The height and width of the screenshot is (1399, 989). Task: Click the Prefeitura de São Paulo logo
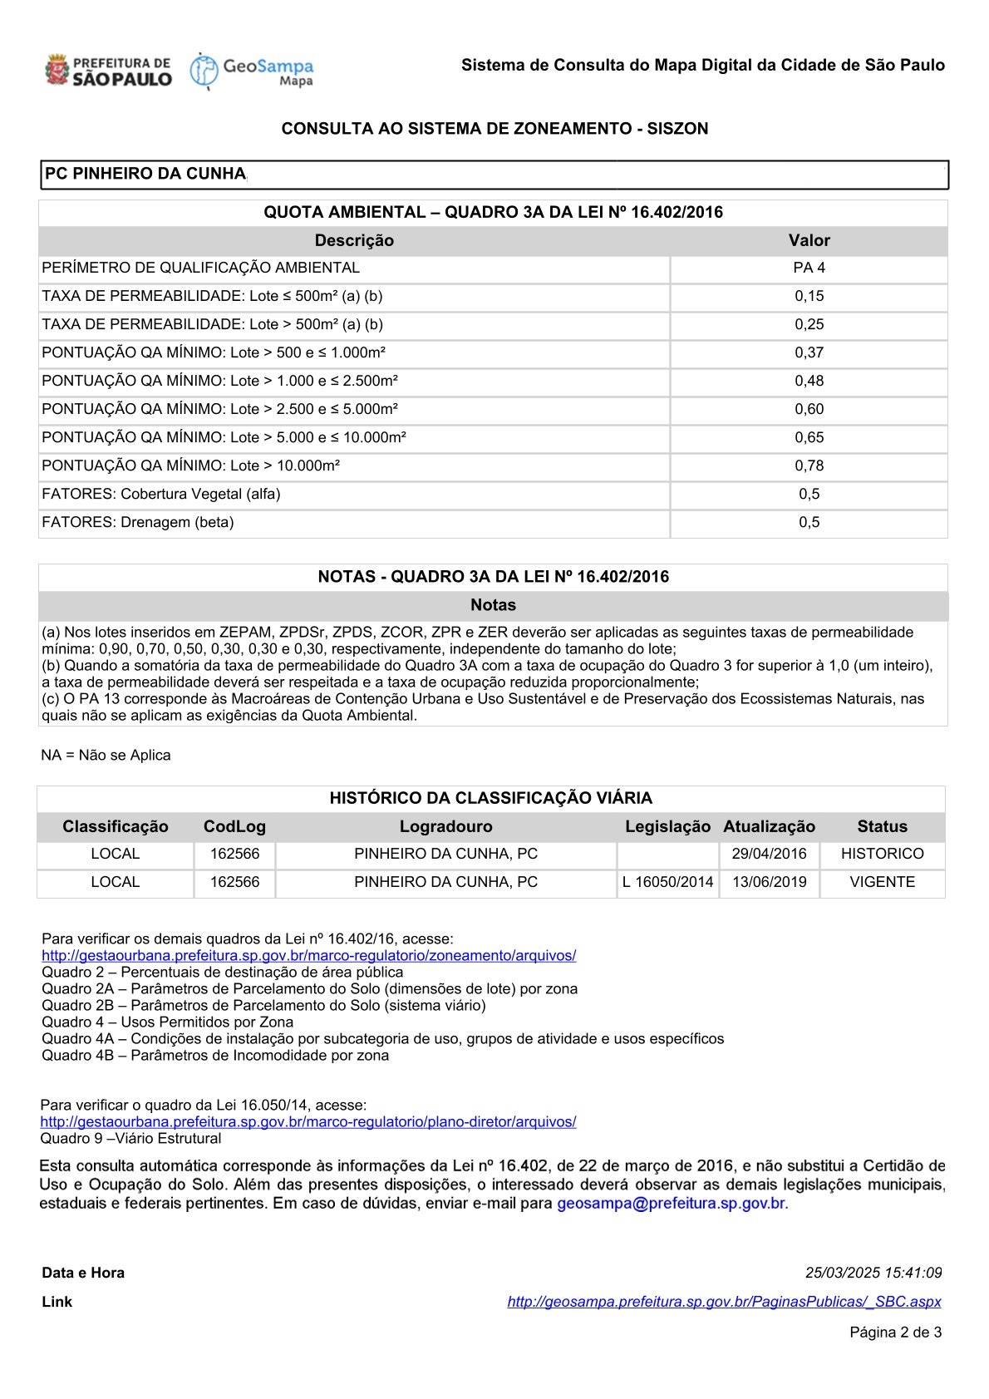click(x=108, y=71)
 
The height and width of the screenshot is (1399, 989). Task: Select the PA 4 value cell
click(x=809, y=268)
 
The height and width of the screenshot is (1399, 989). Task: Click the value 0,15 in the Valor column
click(x=809, y=296)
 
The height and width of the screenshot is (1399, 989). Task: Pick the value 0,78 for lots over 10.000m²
click(x=809, y=466)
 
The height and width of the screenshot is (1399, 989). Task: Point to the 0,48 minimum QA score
click(x=809, y=381)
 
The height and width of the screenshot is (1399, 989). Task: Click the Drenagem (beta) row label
click(x=138, y=522)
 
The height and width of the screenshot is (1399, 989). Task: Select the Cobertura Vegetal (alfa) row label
click(x=161, y=494)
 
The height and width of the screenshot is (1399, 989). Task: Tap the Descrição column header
click(x=354, y=240)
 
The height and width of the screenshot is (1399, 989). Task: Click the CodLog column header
click(x=234, y=826)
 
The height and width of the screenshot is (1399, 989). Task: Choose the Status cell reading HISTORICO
click(x=882, y=854)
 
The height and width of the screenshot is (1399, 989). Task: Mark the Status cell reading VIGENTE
click(x=882, y=882)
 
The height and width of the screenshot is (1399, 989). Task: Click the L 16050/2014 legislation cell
click(x=667, y=882)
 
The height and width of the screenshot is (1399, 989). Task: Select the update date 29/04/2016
click(x=769, y=854)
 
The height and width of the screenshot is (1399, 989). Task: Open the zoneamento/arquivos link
click(x=308, y=956)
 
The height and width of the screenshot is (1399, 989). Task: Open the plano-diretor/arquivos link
click(x=308, y=1122)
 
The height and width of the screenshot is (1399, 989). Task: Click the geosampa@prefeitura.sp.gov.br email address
click(x=671, y=1203)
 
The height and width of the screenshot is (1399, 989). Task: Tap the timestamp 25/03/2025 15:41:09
click(x=873, y=1273)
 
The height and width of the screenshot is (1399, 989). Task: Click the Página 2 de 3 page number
click(x=895, y=1332)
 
